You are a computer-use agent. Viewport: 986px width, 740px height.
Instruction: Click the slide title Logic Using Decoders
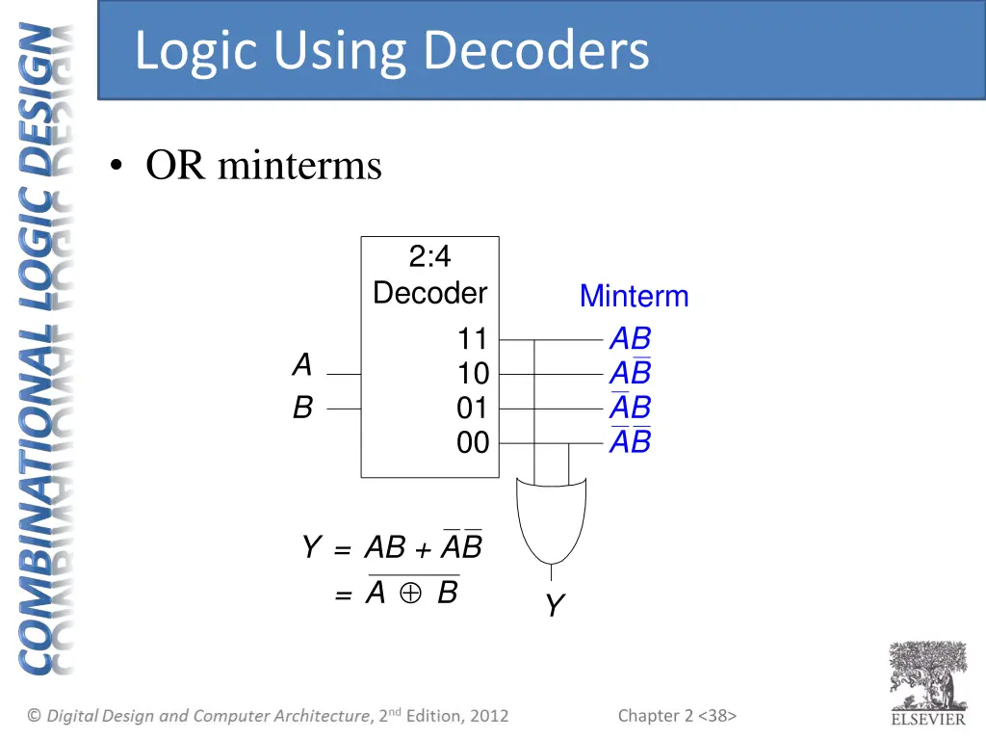point(392,51)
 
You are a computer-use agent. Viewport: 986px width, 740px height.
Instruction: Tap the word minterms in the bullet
point(299,166)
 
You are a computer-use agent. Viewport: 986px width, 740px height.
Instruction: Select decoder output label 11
point(473,339)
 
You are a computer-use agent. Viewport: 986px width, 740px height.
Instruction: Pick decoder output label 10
point(473,374)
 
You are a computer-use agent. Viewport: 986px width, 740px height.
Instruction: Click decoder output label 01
point(473,409)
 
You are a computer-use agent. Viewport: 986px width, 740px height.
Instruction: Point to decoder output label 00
point(473,443)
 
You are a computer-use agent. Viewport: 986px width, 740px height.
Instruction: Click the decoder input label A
point(302,365)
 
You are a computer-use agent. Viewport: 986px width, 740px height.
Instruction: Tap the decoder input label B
point(302,409)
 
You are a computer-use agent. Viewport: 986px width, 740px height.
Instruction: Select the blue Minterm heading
point(634,297)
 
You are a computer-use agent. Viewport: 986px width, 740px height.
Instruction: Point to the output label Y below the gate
point(554,606)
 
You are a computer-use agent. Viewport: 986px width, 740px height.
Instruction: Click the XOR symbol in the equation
point(411,595)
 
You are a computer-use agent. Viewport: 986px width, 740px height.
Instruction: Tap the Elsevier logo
point(927,683)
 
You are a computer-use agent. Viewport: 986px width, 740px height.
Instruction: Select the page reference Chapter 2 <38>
point(677,715)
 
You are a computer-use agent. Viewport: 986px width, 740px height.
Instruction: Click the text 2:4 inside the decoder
point(429,256)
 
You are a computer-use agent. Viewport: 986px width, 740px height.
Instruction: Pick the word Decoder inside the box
point(429,293)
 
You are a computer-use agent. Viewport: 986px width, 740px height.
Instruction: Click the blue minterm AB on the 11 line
point(631,339)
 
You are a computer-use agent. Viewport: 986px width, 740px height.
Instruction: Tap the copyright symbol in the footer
point(35,715)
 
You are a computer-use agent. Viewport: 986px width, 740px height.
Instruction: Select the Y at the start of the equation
point(310,548)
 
